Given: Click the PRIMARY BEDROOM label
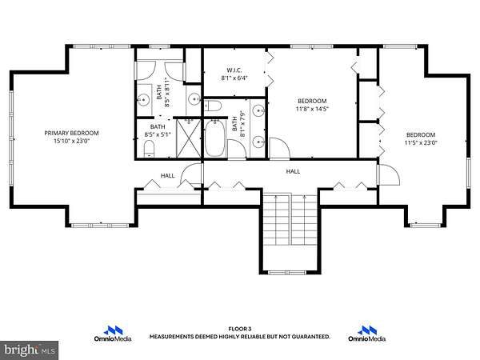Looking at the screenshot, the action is pos(72,133).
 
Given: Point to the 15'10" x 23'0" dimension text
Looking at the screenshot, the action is pos(72,141).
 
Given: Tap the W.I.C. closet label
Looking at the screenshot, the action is pos(234,70).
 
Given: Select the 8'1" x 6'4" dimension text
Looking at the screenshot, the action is pos(234,78).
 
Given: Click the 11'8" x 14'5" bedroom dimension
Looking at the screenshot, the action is pos(312,109).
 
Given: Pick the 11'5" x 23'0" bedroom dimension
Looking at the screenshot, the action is pos(421,142).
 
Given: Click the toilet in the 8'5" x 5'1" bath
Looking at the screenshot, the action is pos(149,149).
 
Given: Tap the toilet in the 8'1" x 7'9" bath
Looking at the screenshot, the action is pos(213,106).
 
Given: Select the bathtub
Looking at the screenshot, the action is pos(215,138).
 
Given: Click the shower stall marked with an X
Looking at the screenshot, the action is pos(189,138).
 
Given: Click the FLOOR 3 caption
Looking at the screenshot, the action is pos(240,329).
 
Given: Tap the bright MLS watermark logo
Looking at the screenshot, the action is pos(29,350).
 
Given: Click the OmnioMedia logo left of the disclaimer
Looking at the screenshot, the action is pos(113,334).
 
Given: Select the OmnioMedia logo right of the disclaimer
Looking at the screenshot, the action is pos(366,334).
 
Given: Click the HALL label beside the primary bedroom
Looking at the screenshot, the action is pos(168,175).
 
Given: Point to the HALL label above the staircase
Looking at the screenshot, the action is pos(293,171).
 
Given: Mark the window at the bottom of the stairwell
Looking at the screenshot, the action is pos(287,273).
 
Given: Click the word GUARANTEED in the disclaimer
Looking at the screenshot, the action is pos(311,337).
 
